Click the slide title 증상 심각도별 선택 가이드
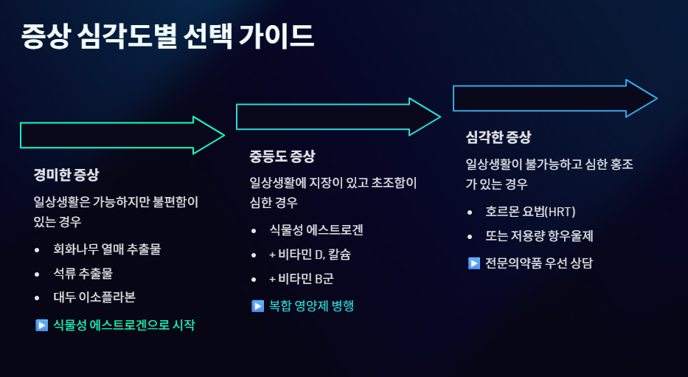(168, 36)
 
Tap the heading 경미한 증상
(66, 175)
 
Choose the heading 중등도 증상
(282, 156)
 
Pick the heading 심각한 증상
(498, 137)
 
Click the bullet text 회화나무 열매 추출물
(107, 249)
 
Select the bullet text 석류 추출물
(83, 273)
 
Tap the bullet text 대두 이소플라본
(94, 297)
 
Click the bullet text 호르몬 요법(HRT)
(529, 212)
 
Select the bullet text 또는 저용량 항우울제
(539, 236)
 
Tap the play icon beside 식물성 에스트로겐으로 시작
(41, 325)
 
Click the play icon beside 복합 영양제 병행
(257, 305)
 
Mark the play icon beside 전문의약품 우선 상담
(474, 263)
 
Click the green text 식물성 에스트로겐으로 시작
(124, 325)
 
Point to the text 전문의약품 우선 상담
(539, 263)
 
